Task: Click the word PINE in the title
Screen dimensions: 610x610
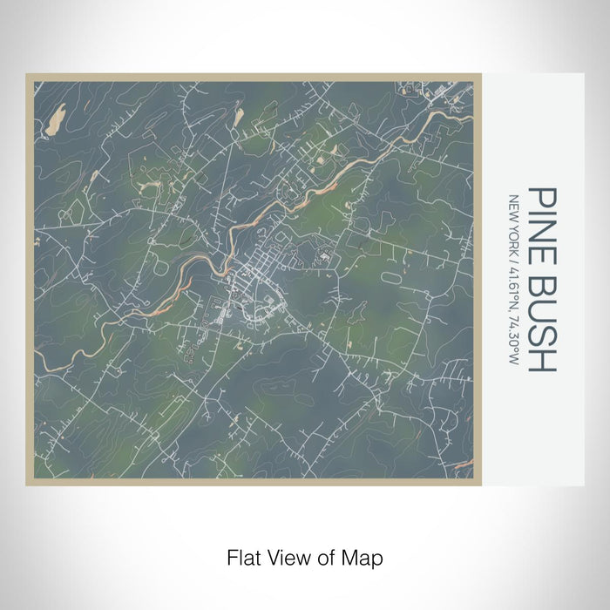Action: (542, 220)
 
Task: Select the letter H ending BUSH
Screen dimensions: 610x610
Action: (542, 360)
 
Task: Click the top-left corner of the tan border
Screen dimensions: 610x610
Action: (28, 75)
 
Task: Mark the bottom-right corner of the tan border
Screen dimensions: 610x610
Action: (479, 485)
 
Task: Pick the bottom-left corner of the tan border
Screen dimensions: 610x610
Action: (28, 485)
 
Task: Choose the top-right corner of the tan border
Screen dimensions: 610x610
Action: (479, 75)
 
